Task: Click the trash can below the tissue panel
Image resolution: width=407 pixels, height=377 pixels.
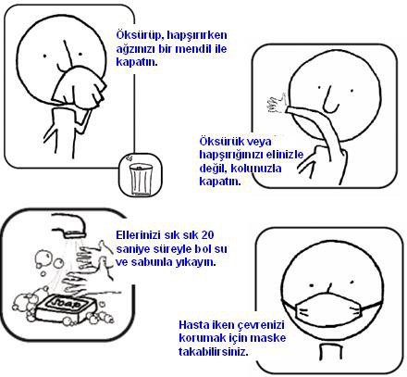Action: (x=141, y=180)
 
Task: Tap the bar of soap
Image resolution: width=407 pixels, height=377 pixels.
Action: (x=66, y=308)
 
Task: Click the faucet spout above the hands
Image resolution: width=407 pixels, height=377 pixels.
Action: (x=69, y=225)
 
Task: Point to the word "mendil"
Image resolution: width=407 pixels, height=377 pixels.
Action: (x=185, y=48)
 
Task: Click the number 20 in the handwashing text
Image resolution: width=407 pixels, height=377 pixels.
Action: (x=207, y=235)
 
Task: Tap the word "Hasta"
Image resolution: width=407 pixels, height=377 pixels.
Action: (x=194, y=325)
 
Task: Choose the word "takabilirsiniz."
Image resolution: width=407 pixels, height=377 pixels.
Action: (x=214, y=351)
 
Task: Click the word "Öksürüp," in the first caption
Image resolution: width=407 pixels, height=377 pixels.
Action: (x=140, y=35)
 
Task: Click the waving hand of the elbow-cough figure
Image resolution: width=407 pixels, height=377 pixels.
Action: (x=277, y=104)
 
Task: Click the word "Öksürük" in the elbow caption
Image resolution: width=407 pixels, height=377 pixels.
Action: (x=219, y=142)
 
